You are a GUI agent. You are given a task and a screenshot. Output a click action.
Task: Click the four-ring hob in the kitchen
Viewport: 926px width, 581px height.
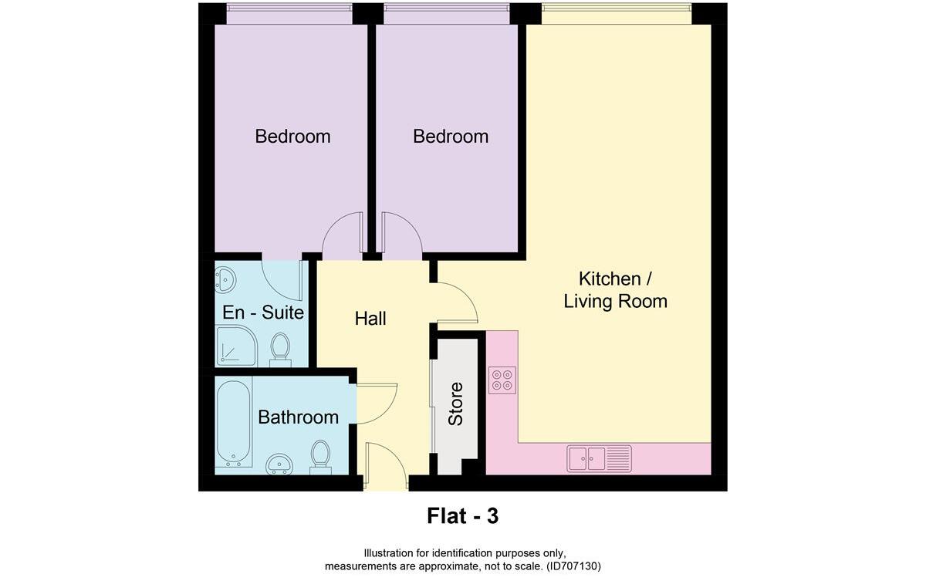[x=502, y=379]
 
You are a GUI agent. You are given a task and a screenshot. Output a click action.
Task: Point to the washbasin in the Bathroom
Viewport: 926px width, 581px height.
[x=279, y=464]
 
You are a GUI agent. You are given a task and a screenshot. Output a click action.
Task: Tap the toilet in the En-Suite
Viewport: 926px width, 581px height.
[x=280, y=349]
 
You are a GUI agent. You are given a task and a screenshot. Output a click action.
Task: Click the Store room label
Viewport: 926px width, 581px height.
[x=456, y=404]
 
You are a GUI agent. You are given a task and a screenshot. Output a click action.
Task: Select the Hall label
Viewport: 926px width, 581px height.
[x=370, y=318]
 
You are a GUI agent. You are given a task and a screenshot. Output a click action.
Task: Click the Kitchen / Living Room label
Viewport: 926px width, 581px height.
[x=615, y=289]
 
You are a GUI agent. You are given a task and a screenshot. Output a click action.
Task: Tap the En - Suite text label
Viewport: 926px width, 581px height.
[x=262, y=313]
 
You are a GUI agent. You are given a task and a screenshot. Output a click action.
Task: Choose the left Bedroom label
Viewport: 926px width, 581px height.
[x=292, y=137]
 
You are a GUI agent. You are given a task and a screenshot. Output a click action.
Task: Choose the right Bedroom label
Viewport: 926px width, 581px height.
[x=451, y=137]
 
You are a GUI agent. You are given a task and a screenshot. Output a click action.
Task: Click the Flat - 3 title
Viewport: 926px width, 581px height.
[x=462, y=515]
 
